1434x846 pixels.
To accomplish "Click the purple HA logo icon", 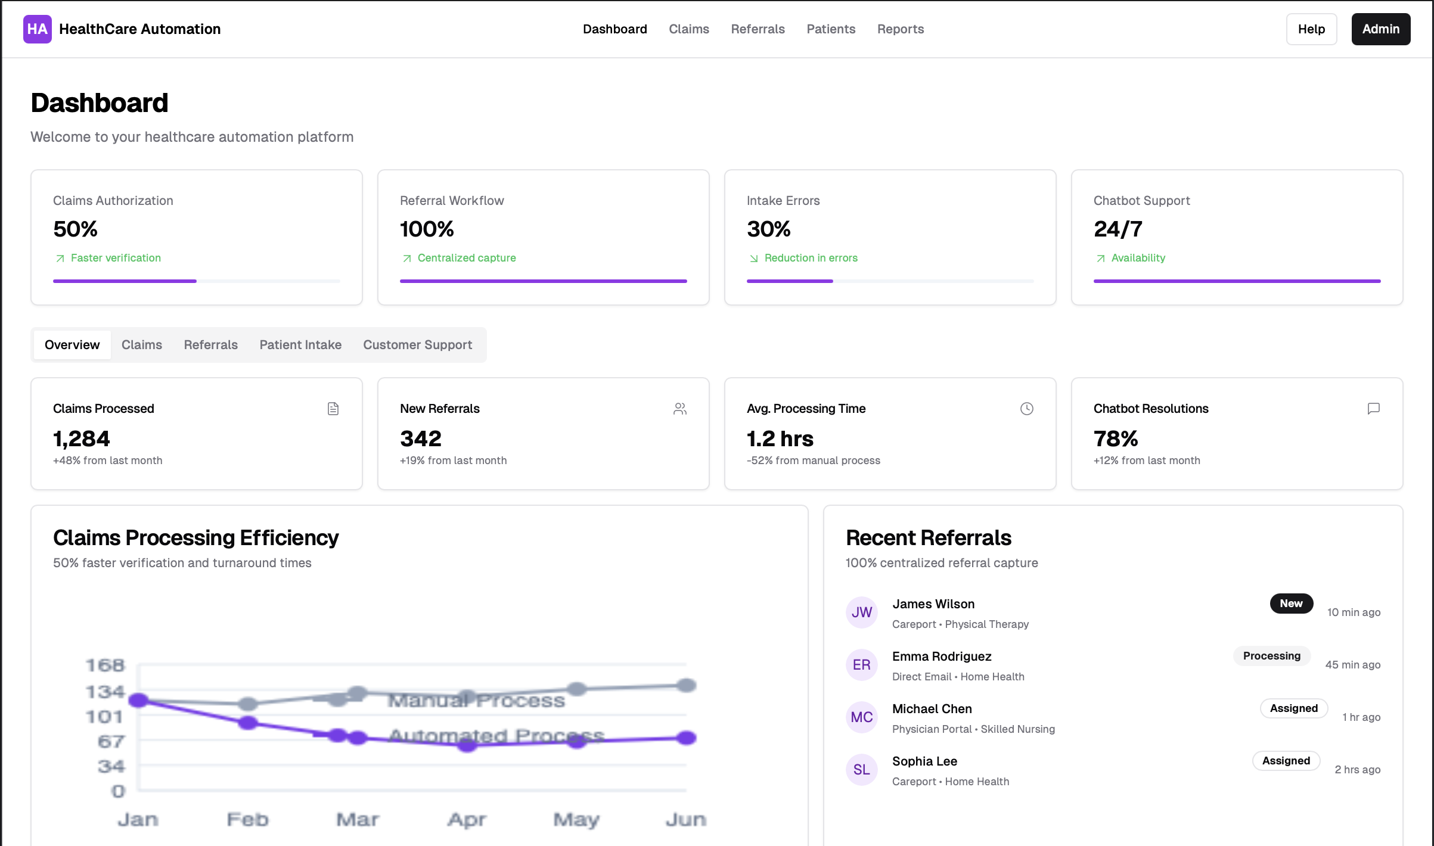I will point(37,29).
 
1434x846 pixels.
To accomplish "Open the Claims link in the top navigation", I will point(688,29).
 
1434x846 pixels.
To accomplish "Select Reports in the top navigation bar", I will point(900,29).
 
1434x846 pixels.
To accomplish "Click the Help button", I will point(1311,29).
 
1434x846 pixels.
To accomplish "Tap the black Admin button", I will point(1380,29).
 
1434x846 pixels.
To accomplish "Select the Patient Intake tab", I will point(300,345).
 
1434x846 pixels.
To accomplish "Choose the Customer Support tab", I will point(417,345).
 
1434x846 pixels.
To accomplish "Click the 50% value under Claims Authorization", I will point(75,229).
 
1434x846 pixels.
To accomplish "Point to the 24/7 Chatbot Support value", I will point(1118,229).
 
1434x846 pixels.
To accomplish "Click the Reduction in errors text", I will point(811,258).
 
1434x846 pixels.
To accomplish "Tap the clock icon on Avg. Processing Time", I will point(1026,409).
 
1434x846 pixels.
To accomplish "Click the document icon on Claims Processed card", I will point(333,409).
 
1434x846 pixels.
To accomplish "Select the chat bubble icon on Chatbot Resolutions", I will point(1373,409).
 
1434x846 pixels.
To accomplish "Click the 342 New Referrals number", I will point(421,439).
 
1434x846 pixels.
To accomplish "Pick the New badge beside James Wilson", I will point(1291,604).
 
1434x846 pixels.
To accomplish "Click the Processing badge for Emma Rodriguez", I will point(1271,656).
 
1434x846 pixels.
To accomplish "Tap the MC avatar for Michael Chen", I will point(861,717).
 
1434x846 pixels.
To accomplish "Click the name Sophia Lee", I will point(924,761).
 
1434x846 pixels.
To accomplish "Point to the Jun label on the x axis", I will point(685,820).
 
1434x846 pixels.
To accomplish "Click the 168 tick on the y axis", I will point(105,665).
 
